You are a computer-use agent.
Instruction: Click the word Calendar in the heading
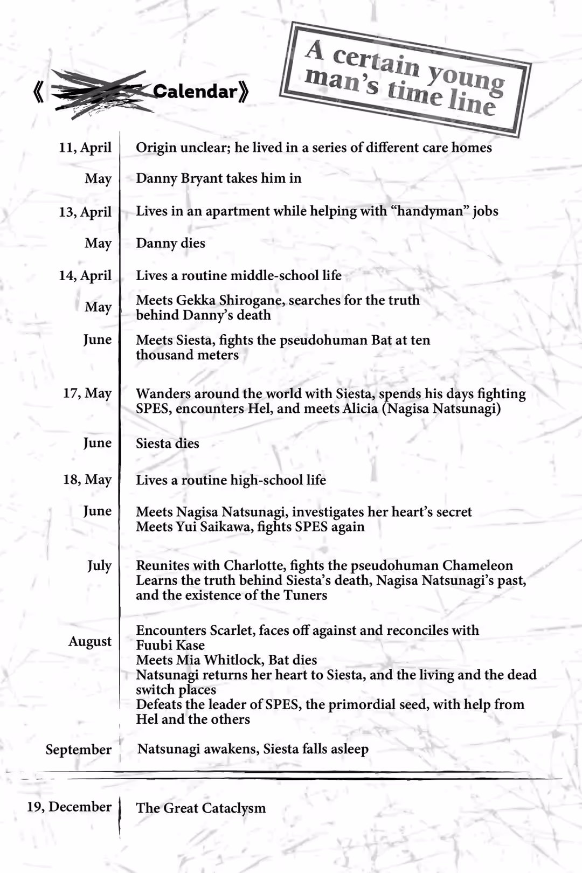click(x=195, y=92)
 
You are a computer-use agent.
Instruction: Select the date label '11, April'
click(x=85, y=148)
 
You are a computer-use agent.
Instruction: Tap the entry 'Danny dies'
click(x=170, y=243)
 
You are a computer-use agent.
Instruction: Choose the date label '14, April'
click(x=85, y=275)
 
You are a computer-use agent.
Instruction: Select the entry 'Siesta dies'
click(x=168, y=444)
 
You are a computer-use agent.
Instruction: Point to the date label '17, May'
click(x=87, y=393)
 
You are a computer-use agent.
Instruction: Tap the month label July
click(x=100, y=565)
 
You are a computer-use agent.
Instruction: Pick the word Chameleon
click(x=477, y=565)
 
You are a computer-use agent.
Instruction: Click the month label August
click(x=90, y=641)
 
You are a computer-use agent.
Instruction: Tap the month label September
click(x=79, y=750)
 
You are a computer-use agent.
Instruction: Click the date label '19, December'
click(x=70, y=807)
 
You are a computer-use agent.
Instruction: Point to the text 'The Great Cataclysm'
click(x=201, y=808)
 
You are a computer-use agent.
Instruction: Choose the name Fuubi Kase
click(x=170, y=645)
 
